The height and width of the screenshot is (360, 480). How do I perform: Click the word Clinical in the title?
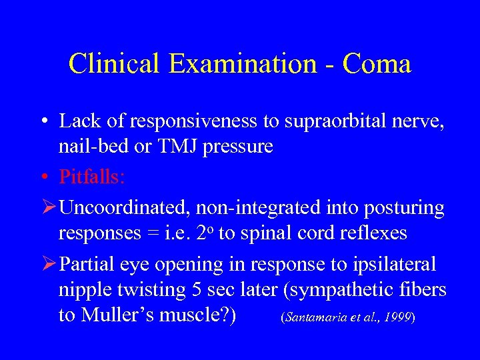[115, 64]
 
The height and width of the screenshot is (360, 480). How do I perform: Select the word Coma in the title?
[377, 64]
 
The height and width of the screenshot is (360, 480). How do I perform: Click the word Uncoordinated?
[124, 208]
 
